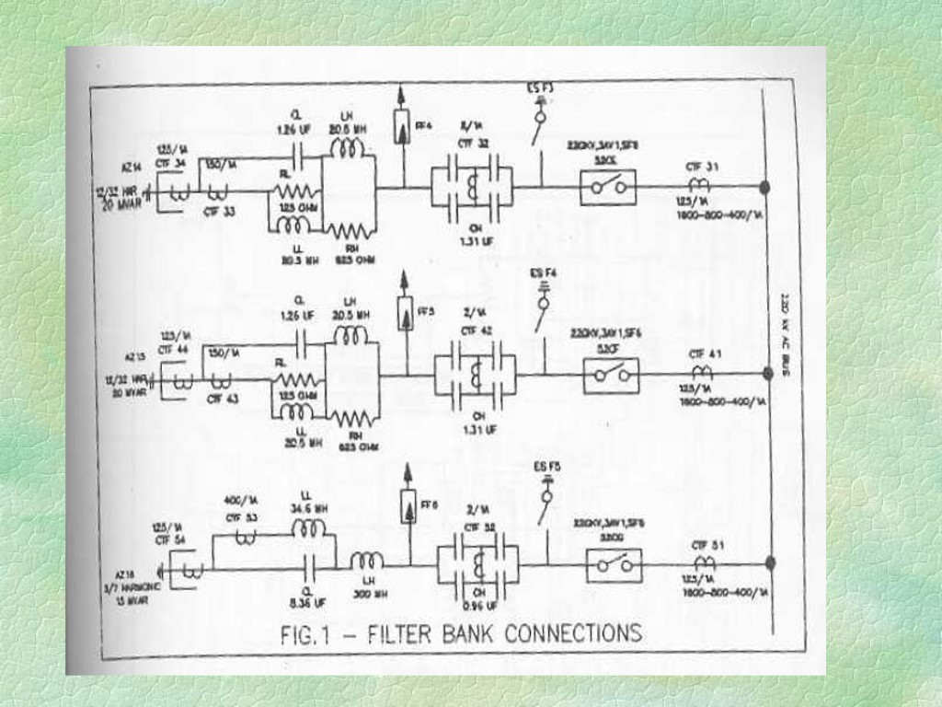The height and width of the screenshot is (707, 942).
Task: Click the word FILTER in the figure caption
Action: [x=411, y=633]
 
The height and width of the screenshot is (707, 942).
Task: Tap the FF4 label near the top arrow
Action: [x=423, y=125]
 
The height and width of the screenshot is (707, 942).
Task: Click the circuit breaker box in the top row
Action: [x=608, y=187]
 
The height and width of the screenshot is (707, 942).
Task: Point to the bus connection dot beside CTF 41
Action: [x=768, y=373]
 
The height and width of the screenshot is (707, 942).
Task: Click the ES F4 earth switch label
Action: [x=543, y=273]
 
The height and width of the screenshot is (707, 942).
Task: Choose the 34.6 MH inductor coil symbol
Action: [x=309, y=528]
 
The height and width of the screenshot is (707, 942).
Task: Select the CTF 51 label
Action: [x=706, y=544]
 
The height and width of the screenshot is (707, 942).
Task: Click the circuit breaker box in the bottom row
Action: [x=614, y=564]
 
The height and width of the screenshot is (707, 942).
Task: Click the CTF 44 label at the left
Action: [x=171, y=350]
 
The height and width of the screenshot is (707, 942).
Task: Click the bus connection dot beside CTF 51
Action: [x=770, y=562]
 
